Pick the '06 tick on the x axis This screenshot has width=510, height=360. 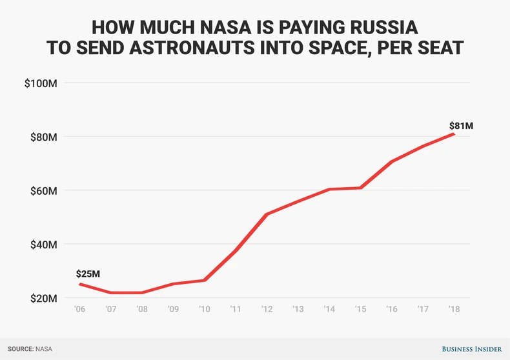(x=79, y=310)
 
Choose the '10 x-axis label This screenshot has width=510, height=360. (x=205, y=310)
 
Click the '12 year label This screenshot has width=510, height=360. (x=267, y=310)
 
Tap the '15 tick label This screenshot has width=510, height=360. (x=361, y=310)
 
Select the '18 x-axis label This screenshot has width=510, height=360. (x=454, y=310)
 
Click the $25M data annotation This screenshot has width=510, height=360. (x=88, y=274)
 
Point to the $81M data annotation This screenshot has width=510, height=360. (x=461, y=126)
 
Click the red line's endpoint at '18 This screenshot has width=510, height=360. (x=454, y=134)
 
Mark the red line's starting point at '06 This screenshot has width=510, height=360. (x=80, y=284)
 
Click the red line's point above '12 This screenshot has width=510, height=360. (x=267, y=214)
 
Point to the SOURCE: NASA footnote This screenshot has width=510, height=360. (x=31, y=349)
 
